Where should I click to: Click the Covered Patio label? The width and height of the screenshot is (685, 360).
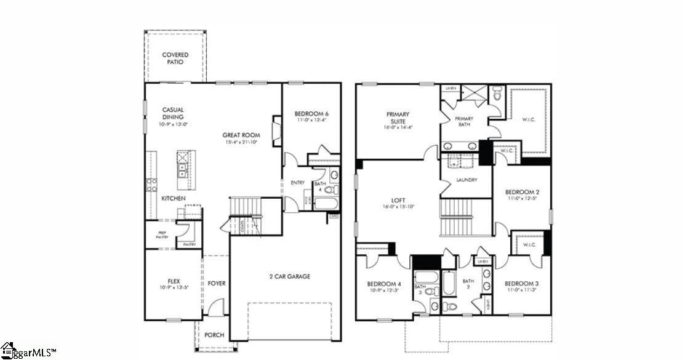click(175, 58)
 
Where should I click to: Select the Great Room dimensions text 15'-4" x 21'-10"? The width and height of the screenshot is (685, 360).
click(241, 142)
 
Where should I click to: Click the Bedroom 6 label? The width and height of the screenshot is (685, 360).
click(311, 114)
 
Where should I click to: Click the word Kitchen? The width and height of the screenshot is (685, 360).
click(174, 199)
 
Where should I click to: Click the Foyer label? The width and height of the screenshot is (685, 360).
click(217, 284)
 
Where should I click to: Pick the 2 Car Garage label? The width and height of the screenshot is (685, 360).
click(289, 276)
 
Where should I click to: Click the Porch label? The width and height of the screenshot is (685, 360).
click(214, 335)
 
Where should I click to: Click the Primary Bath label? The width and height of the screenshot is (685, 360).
click(464, 121)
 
